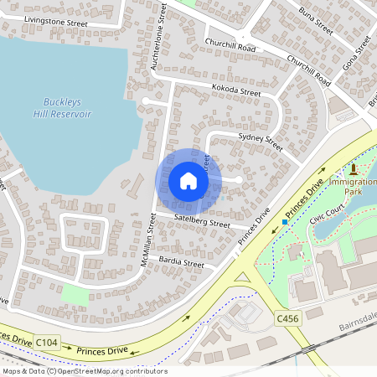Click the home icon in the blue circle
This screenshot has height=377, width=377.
[x=188, y=181]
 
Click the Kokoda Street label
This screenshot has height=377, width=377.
[x=236, y=90]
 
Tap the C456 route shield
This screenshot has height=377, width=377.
[x=287, y=318]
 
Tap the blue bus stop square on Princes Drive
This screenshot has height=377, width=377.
[x=285, y=222]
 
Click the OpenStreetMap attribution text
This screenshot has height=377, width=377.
[x=85, y=371]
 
